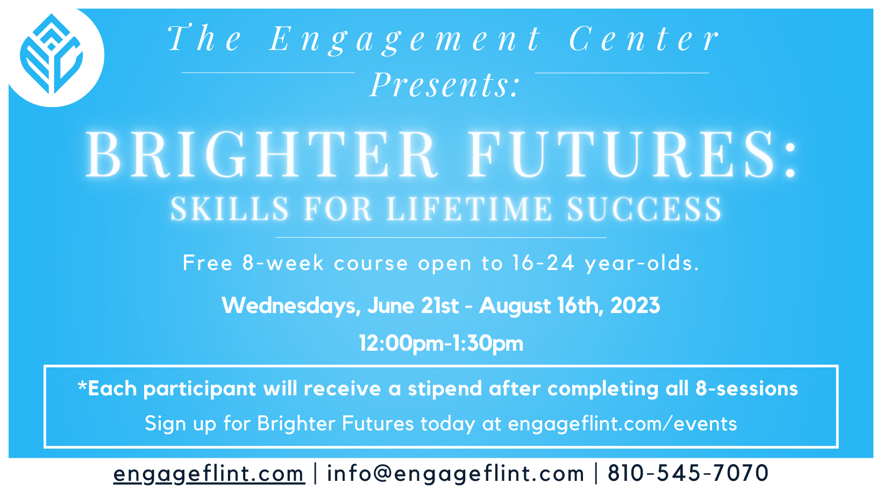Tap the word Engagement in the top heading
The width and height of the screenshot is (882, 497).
pyautogui.click(x=404, y=40)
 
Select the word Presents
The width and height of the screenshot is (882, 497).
pyautogui.click(x=445, y=85)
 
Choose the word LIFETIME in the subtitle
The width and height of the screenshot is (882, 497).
pyautogui.click(x=469, y=209)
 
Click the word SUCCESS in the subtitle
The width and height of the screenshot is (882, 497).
pyautogui.click(x=644, y=209)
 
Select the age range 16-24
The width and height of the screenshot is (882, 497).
pyautogui.click(x=543, y=263)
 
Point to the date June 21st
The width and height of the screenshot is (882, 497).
pyautogui.click(x=413, y=306)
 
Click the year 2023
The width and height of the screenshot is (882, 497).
pyautogui.click(x=635, y=306)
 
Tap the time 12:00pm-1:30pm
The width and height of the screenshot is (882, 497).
pyautogui.click(x=441, y=343)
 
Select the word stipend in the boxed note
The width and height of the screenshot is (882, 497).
pyautogui.click(x=445, y=389)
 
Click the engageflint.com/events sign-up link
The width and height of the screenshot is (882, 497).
pyautogui.click(x=622, y=424)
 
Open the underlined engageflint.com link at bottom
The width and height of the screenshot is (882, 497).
pyautogui.click(x=209, y=474)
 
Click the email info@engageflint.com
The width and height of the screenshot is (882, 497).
pyautogui.click(x=456, y=474)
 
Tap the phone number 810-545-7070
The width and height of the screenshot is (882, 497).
pyautogui.click(x=688, y=474)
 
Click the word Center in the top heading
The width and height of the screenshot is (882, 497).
pyautogui.click(x=644, y=40)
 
